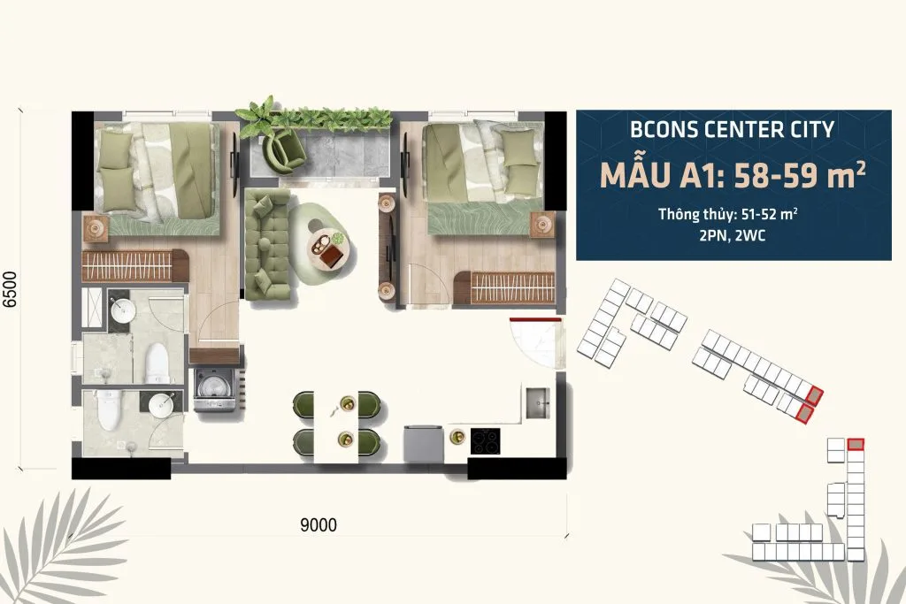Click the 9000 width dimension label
tap(319, 524)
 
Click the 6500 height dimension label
tap(11, 289)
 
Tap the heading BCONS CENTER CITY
tap(732, 129)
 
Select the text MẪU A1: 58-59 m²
tap(733, 175)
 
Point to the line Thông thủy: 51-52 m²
tap(728, 214)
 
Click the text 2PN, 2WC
tap(732, 235)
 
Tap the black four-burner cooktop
tap(486, 441)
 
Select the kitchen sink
tap(537, 402)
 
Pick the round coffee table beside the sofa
tap(328, 248)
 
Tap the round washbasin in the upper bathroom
tap(123, 310)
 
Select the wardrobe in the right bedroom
tap(504, 287)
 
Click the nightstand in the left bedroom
tap(96, 227)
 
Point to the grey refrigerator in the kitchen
tap(423, 443)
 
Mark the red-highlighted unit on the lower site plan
tap(856, 444)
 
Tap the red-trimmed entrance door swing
tap(535, 342)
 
